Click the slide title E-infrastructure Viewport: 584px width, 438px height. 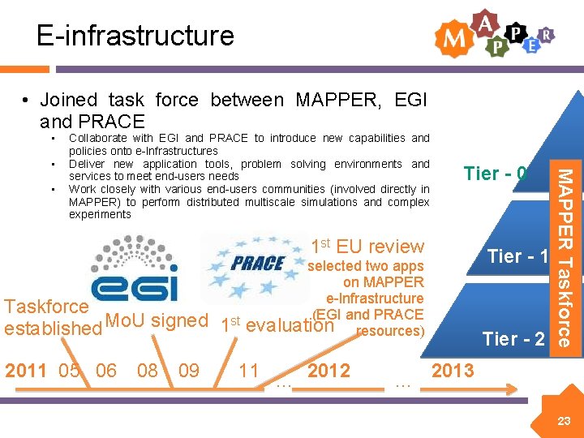135,36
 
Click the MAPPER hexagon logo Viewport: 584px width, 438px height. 495,34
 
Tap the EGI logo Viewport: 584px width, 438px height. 134,268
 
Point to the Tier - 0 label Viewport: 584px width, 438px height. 495,174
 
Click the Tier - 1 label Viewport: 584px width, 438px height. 517,256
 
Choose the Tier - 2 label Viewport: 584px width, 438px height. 513,338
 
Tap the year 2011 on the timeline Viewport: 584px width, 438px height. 26,371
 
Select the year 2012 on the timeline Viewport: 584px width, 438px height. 328,371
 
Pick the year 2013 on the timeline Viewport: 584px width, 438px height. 453,371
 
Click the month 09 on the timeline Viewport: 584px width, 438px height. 189,371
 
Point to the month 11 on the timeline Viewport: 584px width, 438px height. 249,371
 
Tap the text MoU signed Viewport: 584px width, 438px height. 157,320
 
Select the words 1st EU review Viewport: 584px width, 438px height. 367,247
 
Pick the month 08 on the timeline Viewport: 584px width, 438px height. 148,371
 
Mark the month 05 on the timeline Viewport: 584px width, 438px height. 71,371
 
